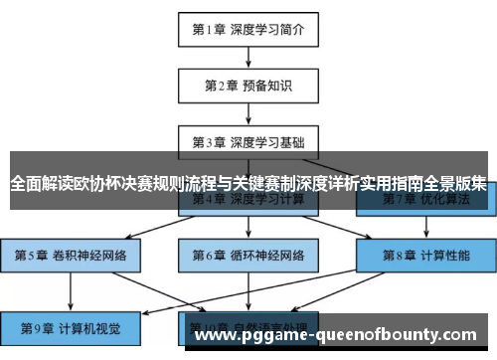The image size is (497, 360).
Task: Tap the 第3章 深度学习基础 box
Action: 248,140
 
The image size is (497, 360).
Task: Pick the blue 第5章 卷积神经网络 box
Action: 71,255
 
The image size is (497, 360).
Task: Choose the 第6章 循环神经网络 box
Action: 248,255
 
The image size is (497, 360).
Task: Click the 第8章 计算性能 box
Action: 426,255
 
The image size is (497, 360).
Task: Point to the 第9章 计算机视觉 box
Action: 71,325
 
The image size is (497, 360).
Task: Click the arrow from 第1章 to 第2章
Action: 248,57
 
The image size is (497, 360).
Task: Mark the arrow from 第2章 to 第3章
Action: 248,113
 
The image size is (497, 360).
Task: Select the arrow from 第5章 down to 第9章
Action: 71,289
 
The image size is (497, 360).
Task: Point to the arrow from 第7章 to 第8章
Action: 426,228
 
